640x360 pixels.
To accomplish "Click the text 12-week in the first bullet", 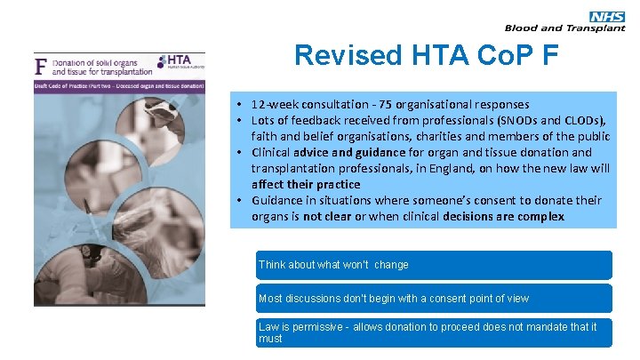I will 276,104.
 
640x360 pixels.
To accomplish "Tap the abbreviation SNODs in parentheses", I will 508,120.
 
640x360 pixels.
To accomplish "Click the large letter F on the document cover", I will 40,65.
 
